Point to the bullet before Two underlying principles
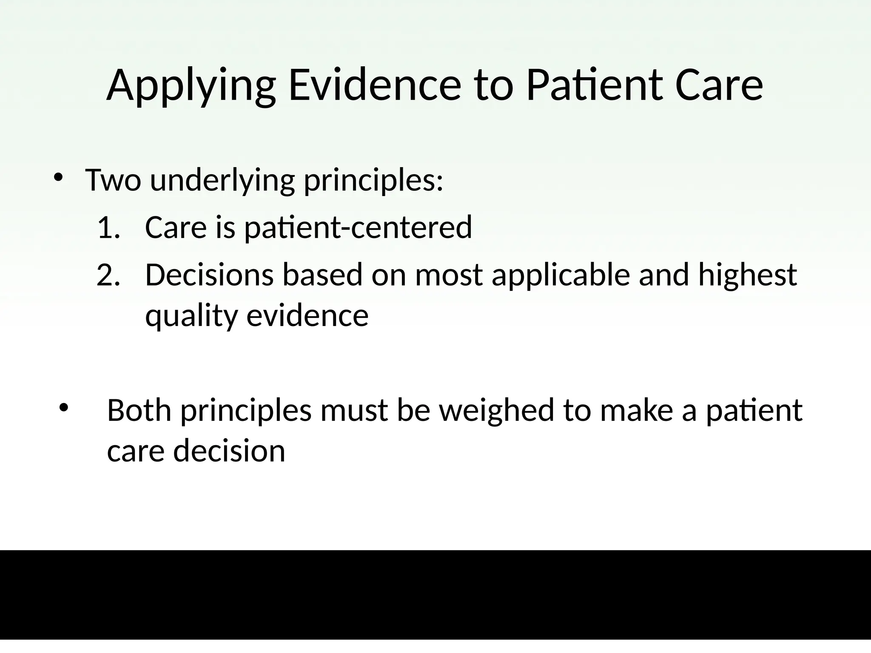pos(59,177)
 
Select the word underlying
pos(222,181)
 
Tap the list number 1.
pos(109,227)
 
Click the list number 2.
pos(109,275)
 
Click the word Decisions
pos(209,275)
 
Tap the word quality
pos(191,317)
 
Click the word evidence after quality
pos(307,316)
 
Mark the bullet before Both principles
pos(64,408)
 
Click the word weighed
pos(496,411)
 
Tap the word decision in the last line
pos(229,451)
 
